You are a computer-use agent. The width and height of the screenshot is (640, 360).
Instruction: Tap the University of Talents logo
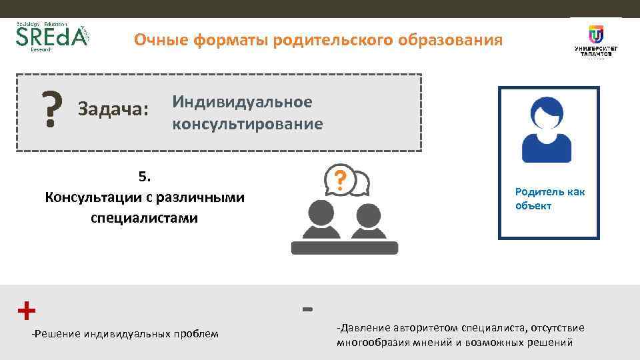coord(595,41)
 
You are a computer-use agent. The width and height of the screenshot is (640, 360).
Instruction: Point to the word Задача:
coord(113,108)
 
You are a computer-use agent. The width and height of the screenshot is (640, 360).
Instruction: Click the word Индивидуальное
coord(242,102)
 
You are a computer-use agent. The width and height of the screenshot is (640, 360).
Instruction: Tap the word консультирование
coord(247,124)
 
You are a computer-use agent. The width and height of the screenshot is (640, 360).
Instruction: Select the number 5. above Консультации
coord(145,177)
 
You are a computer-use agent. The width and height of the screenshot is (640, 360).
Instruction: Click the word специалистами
coord(145,218)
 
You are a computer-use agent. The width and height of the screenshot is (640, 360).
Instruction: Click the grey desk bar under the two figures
coord(344,248)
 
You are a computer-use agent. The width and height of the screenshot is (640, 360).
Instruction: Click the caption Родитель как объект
coord(549,199)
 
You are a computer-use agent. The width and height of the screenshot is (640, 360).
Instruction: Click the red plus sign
coord(26,310)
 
